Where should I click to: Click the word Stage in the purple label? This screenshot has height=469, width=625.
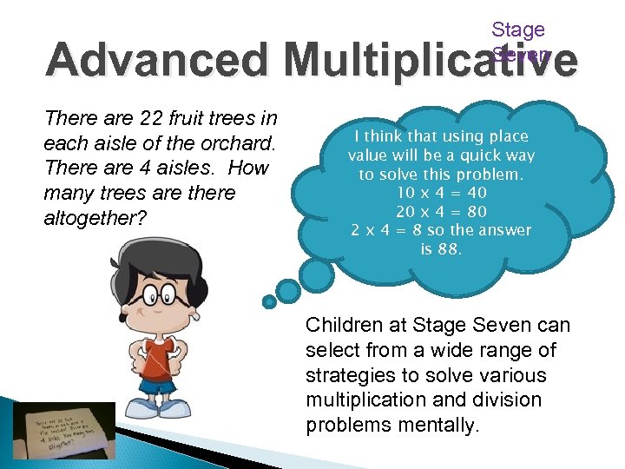(518, 30)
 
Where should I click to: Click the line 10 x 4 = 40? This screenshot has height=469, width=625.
(441, 192)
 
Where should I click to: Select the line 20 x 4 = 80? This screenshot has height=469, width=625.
(441, 211)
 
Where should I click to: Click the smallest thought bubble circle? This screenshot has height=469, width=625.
(269, 301)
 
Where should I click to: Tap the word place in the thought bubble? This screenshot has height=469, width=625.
(509, 136)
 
